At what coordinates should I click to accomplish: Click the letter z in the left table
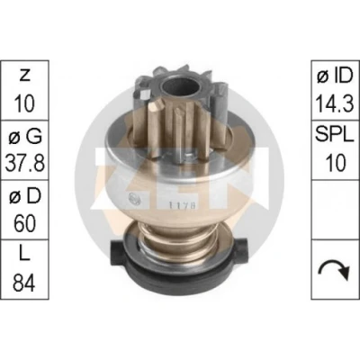point(24,76)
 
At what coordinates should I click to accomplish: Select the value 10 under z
point(24,103)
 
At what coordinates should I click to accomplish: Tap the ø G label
point(25,137)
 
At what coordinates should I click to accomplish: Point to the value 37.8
point(25,163)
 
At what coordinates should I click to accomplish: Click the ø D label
point(25,196)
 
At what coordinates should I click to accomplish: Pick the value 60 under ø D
point(25,223)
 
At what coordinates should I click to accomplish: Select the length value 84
point(24,283)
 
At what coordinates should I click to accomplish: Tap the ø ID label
point(335,76)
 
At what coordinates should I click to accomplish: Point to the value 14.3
point(335,103)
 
